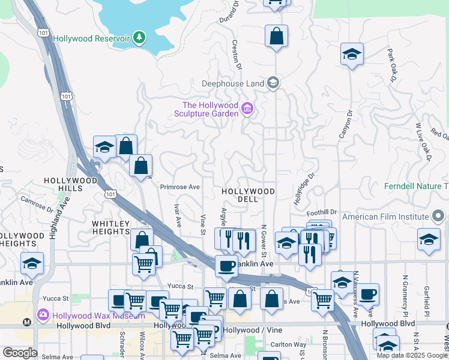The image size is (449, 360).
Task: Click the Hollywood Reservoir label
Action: (91, 38)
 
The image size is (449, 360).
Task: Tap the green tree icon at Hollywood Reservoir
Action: (139, 38)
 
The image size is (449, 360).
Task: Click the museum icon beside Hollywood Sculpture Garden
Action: (247, 109)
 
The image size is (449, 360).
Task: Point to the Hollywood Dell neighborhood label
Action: (248, 195)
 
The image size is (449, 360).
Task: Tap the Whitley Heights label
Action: (111, 228)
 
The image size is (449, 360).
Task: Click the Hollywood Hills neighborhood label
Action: (71, 184)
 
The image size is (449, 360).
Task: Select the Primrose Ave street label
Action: (179, 187)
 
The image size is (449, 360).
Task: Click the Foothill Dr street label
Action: (322, 212)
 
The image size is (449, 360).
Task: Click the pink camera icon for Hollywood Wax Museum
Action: (43, 314)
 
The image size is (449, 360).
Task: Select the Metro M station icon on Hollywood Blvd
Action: (26, 322)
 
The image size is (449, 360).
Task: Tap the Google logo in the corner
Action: (20, 352)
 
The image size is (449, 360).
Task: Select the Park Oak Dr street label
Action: (393, 65)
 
